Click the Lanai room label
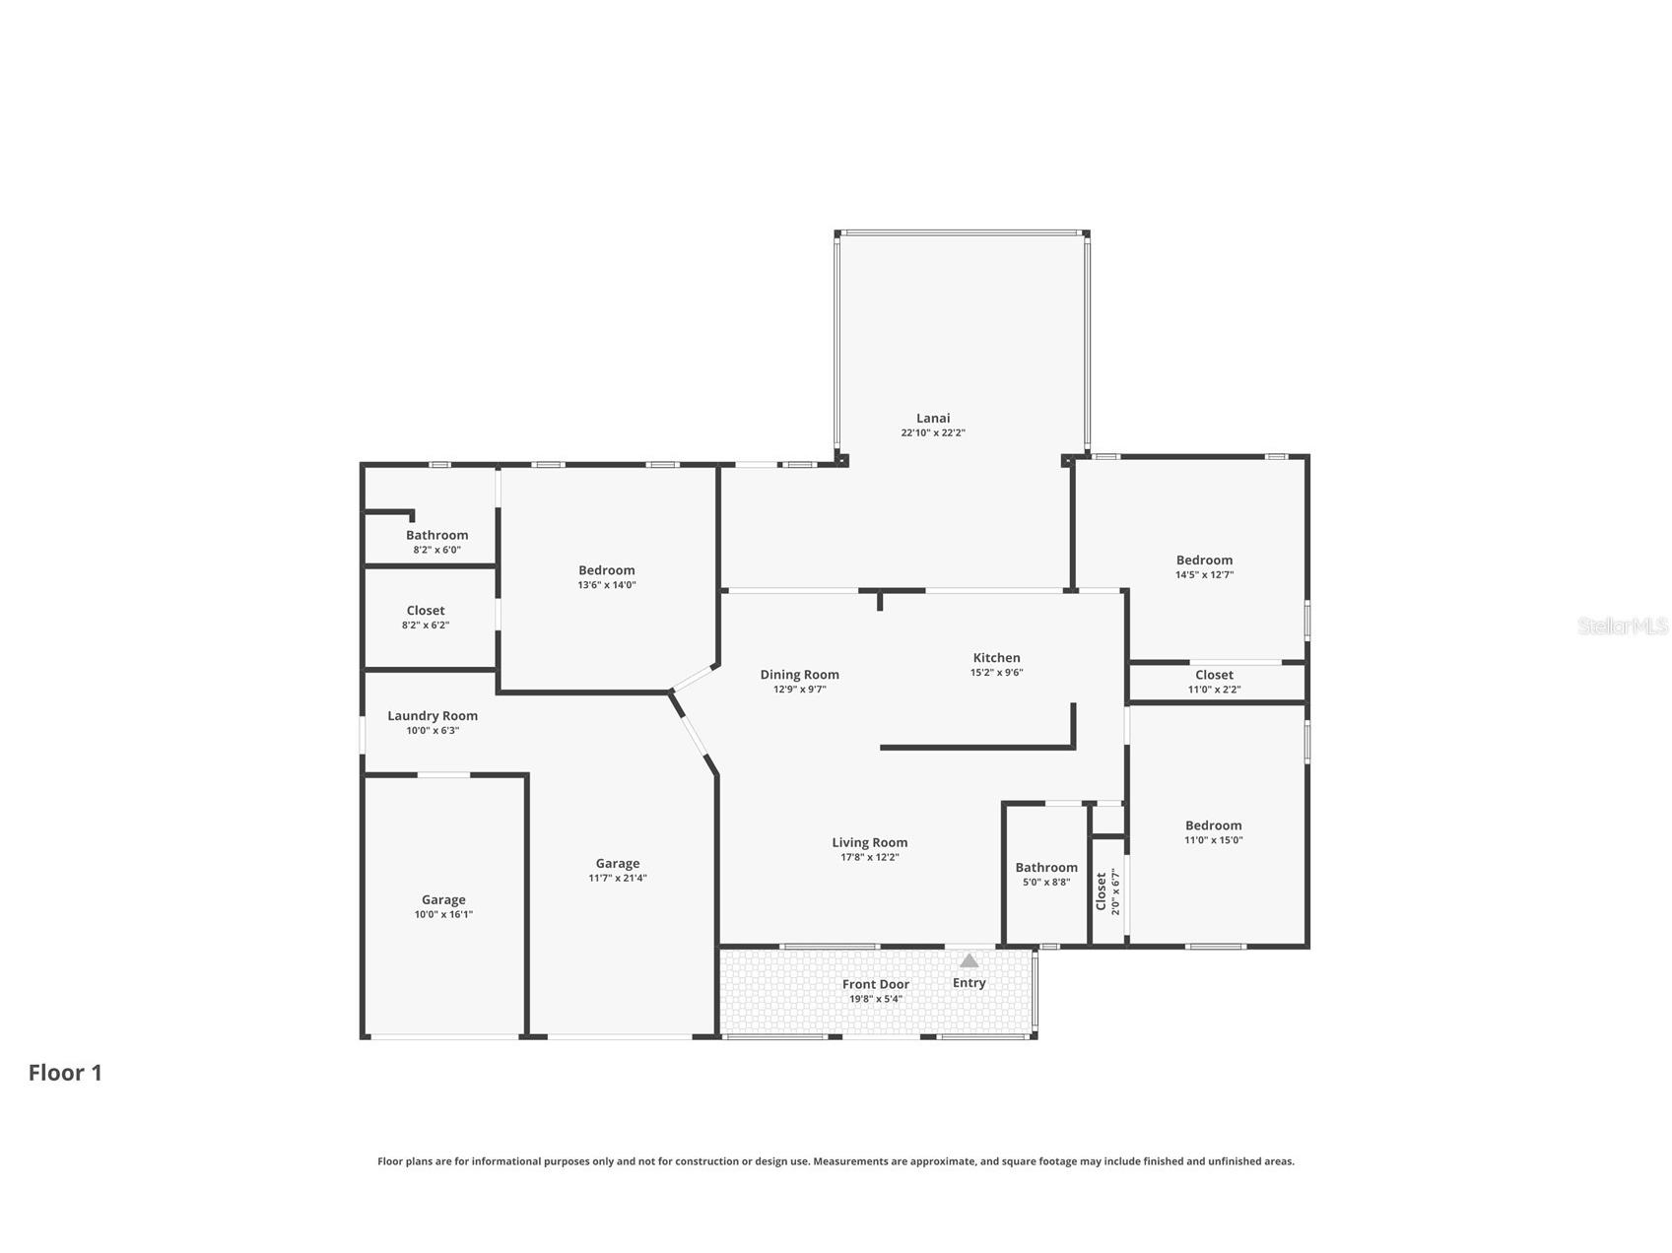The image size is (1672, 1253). pos(933,418)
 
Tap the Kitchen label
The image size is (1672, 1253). pos(996,657)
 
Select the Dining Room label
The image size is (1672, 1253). pos(799,675)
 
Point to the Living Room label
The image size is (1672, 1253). pos(869,842)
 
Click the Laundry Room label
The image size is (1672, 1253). pos(433,716)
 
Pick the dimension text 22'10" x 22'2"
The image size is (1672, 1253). pos(933,432)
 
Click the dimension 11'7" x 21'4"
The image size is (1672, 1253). pos(618,878)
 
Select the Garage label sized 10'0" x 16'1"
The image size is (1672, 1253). pos(443,899)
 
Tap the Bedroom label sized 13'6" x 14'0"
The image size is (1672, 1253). pos(607,570)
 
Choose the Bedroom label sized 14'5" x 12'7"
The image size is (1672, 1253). pos(1204,560)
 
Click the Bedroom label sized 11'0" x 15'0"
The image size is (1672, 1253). pos(1213,825)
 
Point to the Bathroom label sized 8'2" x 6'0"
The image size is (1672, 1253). pos(436,535)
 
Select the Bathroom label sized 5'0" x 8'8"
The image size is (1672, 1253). pos(1046,868)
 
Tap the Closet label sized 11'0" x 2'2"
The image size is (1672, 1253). pos(1214,675)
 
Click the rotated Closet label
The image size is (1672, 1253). pos(1102,891)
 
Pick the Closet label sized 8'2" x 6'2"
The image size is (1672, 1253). pos(426,611)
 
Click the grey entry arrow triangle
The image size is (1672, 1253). pos(970,960)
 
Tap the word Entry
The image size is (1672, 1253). pos(970,982)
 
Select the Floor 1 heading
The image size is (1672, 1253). pos(65,1073)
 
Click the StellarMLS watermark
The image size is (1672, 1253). pos(1623,626)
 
